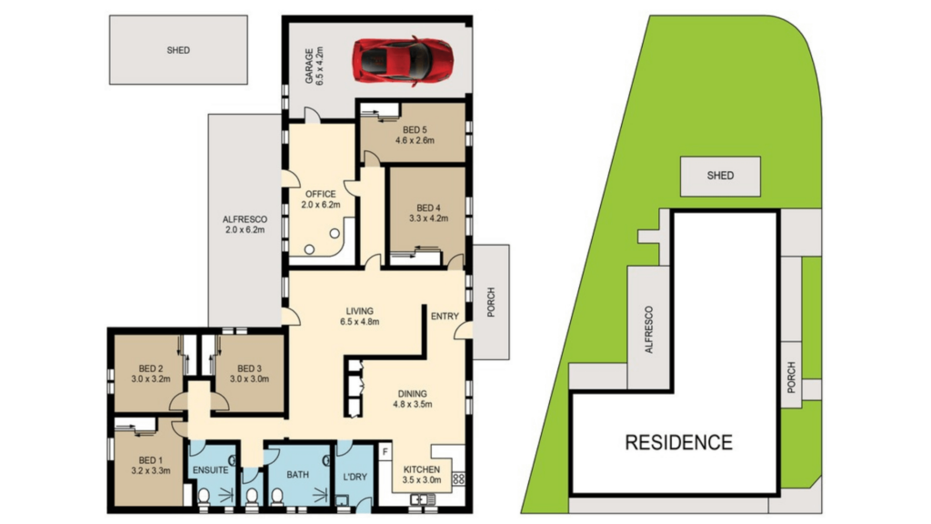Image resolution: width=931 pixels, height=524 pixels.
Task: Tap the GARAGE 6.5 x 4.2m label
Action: [315, 65]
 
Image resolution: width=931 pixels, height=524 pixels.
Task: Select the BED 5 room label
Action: [415, 135]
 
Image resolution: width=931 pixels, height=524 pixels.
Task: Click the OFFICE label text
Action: [320, 199]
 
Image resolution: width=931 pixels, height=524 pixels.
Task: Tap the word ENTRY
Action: [445, 316]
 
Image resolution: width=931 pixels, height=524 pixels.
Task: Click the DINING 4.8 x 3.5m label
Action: [410, 398]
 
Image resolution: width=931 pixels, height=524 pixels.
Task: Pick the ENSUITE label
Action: [211, 469]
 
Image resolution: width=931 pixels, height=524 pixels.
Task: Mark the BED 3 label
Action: [248, 373]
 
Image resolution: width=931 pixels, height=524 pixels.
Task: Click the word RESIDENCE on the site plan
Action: [677, 443]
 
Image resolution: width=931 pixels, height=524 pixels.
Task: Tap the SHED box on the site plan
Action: [720, 175]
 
